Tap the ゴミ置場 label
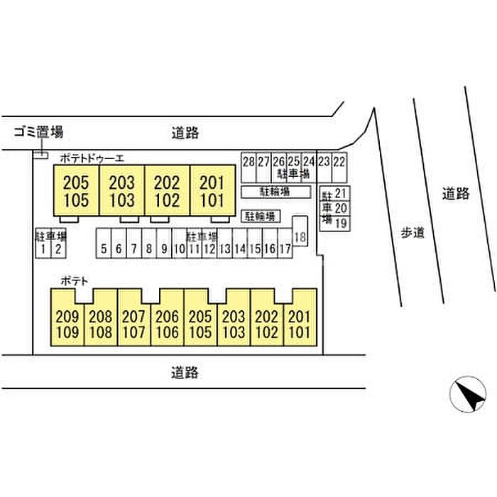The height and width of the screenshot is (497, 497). [38, 131]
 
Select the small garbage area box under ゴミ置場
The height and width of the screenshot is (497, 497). [40, 154]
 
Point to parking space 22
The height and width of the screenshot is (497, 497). [339, 162]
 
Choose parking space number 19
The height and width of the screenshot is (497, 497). [340, 223]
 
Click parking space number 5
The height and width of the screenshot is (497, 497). [104, 248]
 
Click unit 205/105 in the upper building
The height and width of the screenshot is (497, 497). [76, 191]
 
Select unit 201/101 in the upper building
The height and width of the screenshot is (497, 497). [211, 191]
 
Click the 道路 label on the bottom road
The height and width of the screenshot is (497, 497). [185, 371]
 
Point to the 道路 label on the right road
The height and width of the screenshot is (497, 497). [455, 193]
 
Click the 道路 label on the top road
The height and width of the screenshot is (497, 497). [185, 132]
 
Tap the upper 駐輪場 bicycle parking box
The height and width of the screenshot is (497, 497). [275, 192]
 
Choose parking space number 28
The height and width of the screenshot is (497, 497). [248, 162]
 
